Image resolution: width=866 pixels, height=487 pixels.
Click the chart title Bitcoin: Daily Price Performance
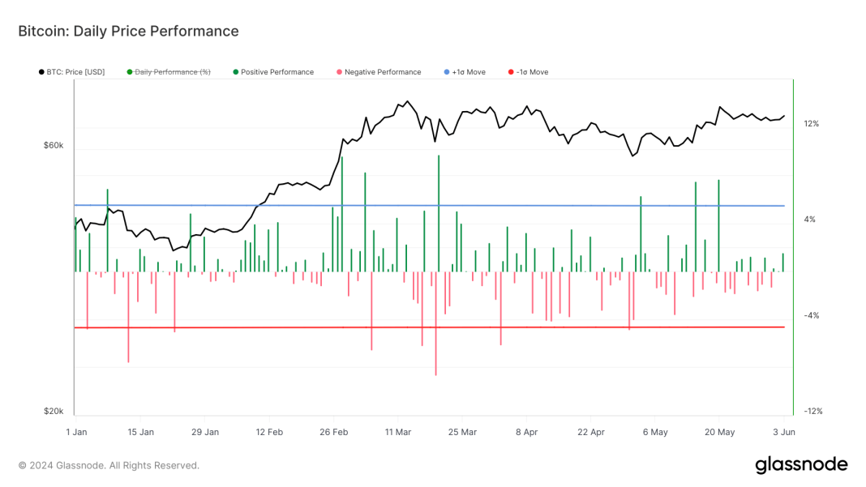coord(128,32)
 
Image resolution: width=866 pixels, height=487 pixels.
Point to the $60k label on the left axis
coord(54,146)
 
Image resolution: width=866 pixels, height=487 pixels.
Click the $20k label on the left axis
coord(54,412)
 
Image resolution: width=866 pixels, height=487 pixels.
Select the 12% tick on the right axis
coord(811,124)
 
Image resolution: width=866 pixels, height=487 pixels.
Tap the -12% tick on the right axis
coord(812,412)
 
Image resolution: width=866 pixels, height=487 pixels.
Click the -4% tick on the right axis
coord(811,316)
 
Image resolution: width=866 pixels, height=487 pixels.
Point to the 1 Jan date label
coord(76,433)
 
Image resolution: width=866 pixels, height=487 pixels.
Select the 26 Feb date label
coord(333,433)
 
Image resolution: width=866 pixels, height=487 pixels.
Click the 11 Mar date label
coord(398,433)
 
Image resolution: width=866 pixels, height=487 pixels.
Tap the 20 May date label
coord(718,433)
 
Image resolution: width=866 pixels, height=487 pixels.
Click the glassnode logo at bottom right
coord(801,465)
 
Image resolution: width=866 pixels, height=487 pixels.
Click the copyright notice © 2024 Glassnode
coord(109,466)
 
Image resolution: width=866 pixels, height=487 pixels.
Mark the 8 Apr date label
coord(526,433)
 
